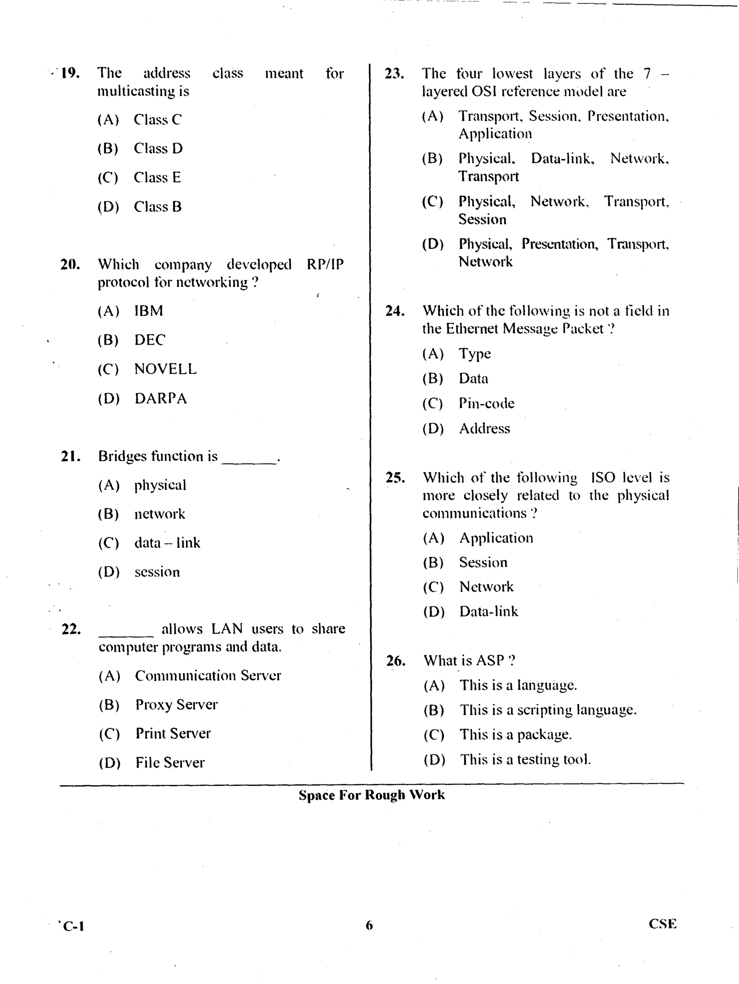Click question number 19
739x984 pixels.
coord(70,73)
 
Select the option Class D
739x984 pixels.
coord(158,149)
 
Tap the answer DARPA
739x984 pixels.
coord(161,398)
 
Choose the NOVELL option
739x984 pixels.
coord(165,369)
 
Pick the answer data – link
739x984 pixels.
coord(167,543)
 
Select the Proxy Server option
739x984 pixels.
coord(176,705)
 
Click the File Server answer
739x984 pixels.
coord(170,763)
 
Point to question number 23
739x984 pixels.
coord(394,74)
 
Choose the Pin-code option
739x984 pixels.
coord(486,403)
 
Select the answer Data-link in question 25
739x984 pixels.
coord(488,612)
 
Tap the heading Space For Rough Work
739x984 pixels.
coord(371,795)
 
